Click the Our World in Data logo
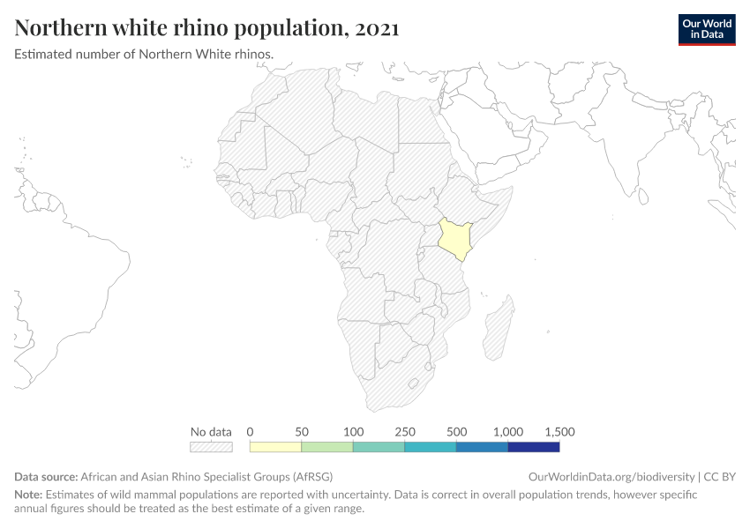tap(707, 29)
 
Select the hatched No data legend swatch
tap(211, 447)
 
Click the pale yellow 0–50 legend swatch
tap(275, 447)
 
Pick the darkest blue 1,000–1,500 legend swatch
tap(534, 447)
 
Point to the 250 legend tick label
tap(404, 432)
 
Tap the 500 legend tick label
tap(456, 432)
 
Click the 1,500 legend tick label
tap(559, 432)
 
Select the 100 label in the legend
tap(353, 432)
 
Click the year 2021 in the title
tap(374, 28)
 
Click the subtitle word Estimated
tap(42, 54)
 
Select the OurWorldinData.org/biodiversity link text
tap(611, 476)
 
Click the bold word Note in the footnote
tap(27, 494)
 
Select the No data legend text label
tap(211, 432)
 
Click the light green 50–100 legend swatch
tap(327, 447)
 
